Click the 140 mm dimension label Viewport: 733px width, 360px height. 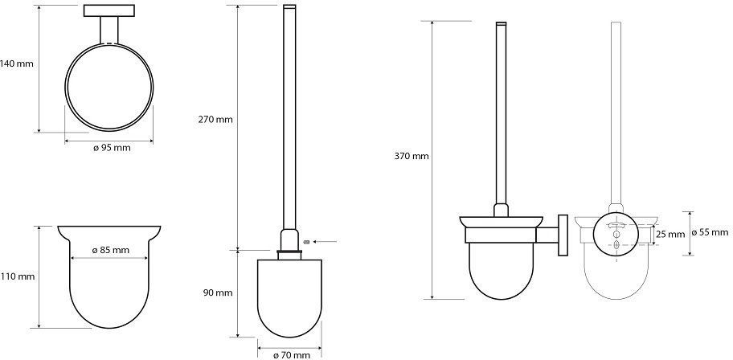pyautogui.click(x=17, y=63)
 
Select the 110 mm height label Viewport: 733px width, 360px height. pyautogui.click(x=18, y=276)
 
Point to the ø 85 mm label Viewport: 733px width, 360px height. pyautogui.click(x=110, y=250)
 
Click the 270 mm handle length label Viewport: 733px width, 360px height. pyautogui.click(x=215, y=119)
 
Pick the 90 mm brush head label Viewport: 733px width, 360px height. pyautogui.click(x=218, y=293)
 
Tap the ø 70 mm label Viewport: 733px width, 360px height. pyautogui.click(x=291, y=355)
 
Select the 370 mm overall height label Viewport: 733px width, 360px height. pyautogui.click(x=412, y=157)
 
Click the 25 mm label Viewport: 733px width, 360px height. pyautogui.click(x=670, y=234)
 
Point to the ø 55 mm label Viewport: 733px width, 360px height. pyautogui.click(x=709, y=232)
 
